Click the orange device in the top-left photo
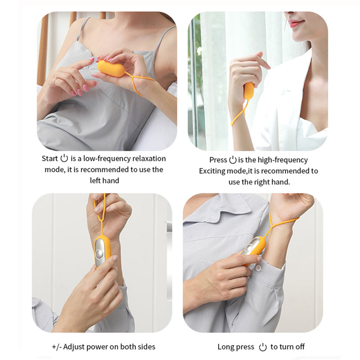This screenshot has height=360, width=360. tap(111, 69)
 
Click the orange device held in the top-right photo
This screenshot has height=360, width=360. tap(248, 90)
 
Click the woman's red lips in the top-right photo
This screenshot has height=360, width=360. tap(295, 22)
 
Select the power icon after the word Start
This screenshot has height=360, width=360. tap(64, 158)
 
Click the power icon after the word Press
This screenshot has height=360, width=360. tap(233, 160)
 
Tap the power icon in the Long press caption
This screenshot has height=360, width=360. tap(263, 347)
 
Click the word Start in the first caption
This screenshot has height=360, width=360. tap(49, 158)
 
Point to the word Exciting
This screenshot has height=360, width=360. tap(211, 171)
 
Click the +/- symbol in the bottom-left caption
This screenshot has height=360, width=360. tap(57, 347)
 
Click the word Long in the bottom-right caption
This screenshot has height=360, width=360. tap(226, 347)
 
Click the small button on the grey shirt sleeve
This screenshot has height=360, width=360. tap(259, 268)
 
